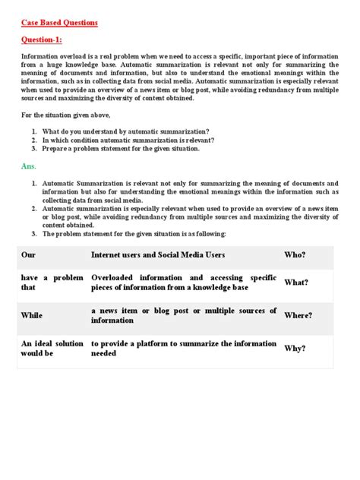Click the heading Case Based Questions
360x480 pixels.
[59, 23]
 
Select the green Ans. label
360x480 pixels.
[28, 165]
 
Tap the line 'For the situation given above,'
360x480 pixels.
[65, 115]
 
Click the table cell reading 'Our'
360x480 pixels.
[28, 254]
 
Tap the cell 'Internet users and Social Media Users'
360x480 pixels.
[157, 254]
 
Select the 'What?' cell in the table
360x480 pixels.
[296, 283]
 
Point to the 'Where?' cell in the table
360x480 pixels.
[298, 315]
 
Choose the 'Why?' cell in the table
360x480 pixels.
[295, 349]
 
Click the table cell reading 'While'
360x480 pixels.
[32, 315]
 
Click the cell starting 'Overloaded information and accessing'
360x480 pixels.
[183, 283]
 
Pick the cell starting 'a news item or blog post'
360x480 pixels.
[183, 315]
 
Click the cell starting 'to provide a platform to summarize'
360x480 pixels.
[183, 349]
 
